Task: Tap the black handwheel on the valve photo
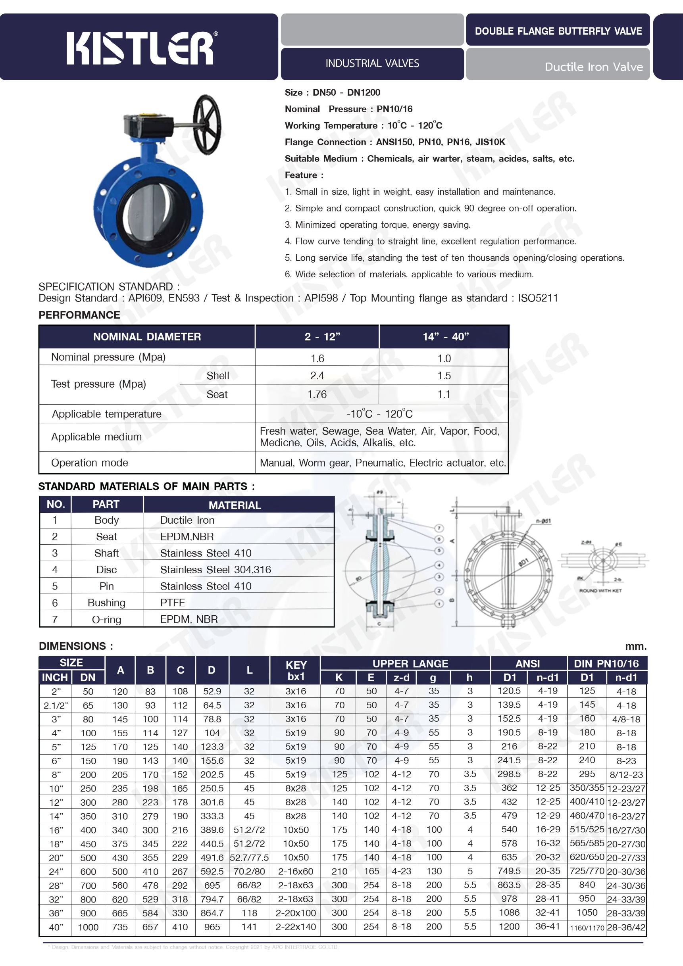(207, 124)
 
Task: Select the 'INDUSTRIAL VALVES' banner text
(372, 63)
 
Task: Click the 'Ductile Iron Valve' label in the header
(593, 67)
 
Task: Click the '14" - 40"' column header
(445, 336)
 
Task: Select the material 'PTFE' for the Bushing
(173, 603)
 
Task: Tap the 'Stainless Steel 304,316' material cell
(215, 570)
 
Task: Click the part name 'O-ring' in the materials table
(106, 619)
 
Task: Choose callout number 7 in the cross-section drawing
(439, 528)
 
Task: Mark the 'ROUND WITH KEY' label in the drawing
(600, 591)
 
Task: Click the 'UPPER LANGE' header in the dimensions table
(410, 663)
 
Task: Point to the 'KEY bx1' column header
(296, 670)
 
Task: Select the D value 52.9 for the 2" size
(212, 691)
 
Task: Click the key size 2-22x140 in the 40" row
(295, 926)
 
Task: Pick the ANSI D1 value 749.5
(509, 871)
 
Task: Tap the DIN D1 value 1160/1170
(587, 927)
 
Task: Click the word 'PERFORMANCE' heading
(79, 315)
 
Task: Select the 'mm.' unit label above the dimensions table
(635, 646)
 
